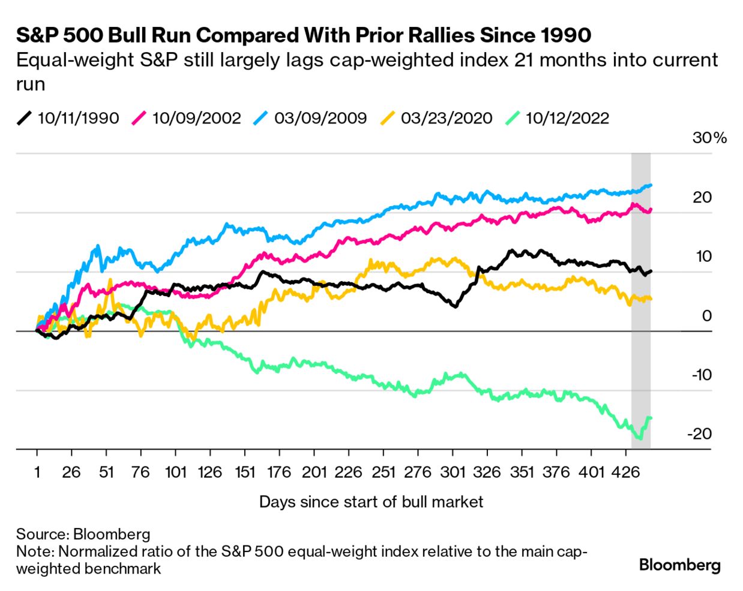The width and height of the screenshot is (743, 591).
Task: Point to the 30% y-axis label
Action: click(x=709, y=138)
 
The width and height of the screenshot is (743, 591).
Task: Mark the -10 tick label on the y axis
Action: click(x=701, y=375)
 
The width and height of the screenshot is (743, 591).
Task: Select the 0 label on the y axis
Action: click(x=706, y=316)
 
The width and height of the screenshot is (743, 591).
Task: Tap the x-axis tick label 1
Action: click(x=37, y=472)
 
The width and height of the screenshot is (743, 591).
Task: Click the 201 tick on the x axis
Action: click(x=314, y=472)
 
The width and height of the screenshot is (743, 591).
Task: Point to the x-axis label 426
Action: click(x=625, y=472)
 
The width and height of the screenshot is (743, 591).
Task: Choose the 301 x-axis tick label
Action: click(x=453, y=472)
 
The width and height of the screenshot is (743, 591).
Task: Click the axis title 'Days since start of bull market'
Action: click(x=371, y=502)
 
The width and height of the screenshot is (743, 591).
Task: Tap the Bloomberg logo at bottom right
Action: click(x=679, y=565)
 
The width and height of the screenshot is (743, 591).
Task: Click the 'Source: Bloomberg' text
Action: click(x=83, y=534)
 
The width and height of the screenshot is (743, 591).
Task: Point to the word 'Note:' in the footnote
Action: click(x=35, y=551)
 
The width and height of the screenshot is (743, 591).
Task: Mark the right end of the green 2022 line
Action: click(x=651, y=418)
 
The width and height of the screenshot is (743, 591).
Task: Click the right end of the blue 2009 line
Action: click(x=651, y=185)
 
